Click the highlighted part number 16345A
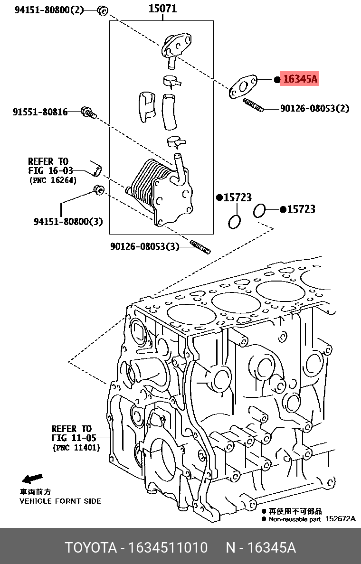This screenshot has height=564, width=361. click(x=299, y=79)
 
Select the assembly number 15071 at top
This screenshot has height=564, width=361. click(x=162, y=9)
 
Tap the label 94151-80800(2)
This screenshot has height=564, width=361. click(x=48, y=9)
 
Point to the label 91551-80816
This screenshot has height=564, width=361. click(x=40, y=112)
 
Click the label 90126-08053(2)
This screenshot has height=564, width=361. click(x=314, y=108)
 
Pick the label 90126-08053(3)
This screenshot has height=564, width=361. click(x=145, y=246)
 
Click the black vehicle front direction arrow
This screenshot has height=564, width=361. click(x=32, y=478)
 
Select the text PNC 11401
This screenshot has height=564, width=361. click(x=76, y=448)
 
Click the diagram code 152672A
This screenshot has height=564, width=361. click(x=340, y=519)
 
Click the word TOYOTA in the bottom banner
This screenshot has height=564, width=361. click(x=91, y=547)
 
